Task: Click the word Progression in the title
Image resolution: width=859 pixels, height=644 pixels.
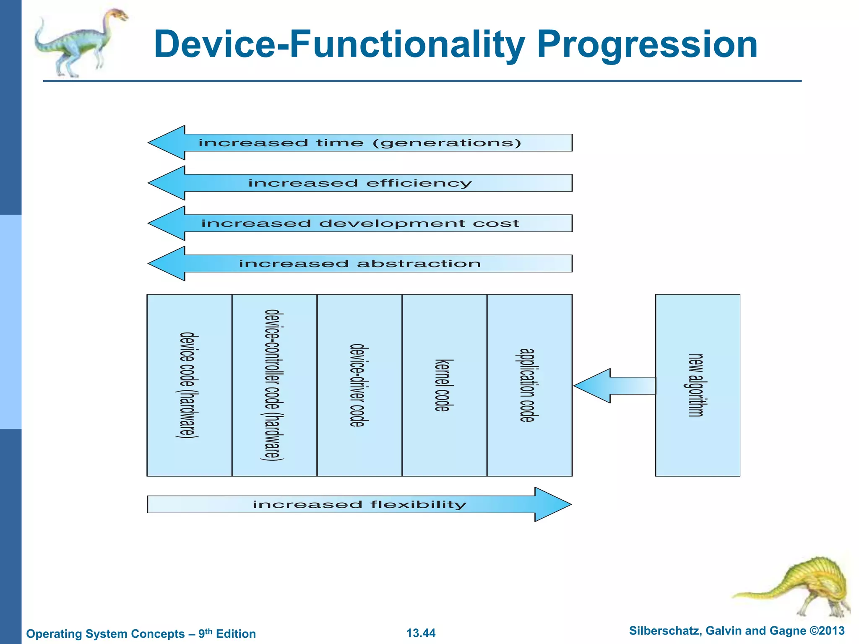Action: click(x=647, y=45)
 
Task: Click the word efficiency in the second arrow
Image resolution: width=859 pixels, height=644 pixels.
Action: click(x=419, y=183)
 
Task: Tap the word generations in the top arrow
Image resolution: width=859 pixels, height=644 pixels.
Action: click(x=447, y=143)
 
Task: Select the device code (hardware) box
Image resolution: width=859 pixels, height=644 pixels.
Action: click(x=189, y=385)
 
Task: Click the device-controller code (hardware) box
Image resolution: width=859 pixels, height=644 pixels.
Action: click(x=274, y=385)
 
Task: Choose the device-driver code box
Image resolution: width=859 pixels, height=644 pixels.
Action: click(x=359, y=385)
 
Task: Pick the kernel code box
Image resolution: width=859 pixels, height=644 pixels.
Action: click(x=444, y=385)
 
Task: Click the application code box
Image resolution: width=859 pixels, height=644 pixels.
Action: click(x=529, y=385)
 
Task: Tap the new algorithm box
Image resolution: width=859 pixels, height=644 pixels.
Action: click(x=698, y=385)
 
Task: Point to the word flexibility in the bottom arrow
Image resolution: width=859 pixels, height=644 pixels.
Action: click(x=418, y=504)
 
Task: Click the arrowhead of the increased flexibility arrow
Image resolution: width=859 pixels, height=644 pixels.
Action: click(x=552, y=504)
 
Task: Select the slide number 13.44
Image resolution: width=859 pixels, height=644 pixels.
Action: click(x=421, y=633)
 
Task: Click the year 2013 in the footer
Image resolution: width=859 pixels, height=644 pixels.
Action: click(x=831, y=631)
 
